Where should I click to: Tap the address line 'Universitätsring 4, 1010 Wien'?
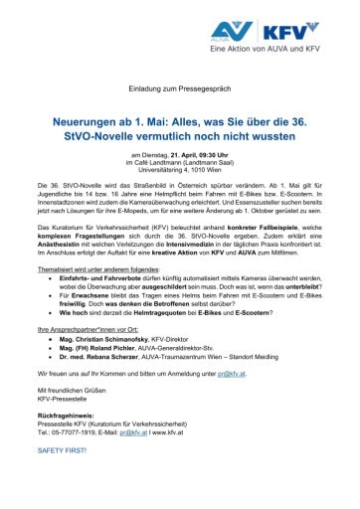(x=180, y=170)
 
